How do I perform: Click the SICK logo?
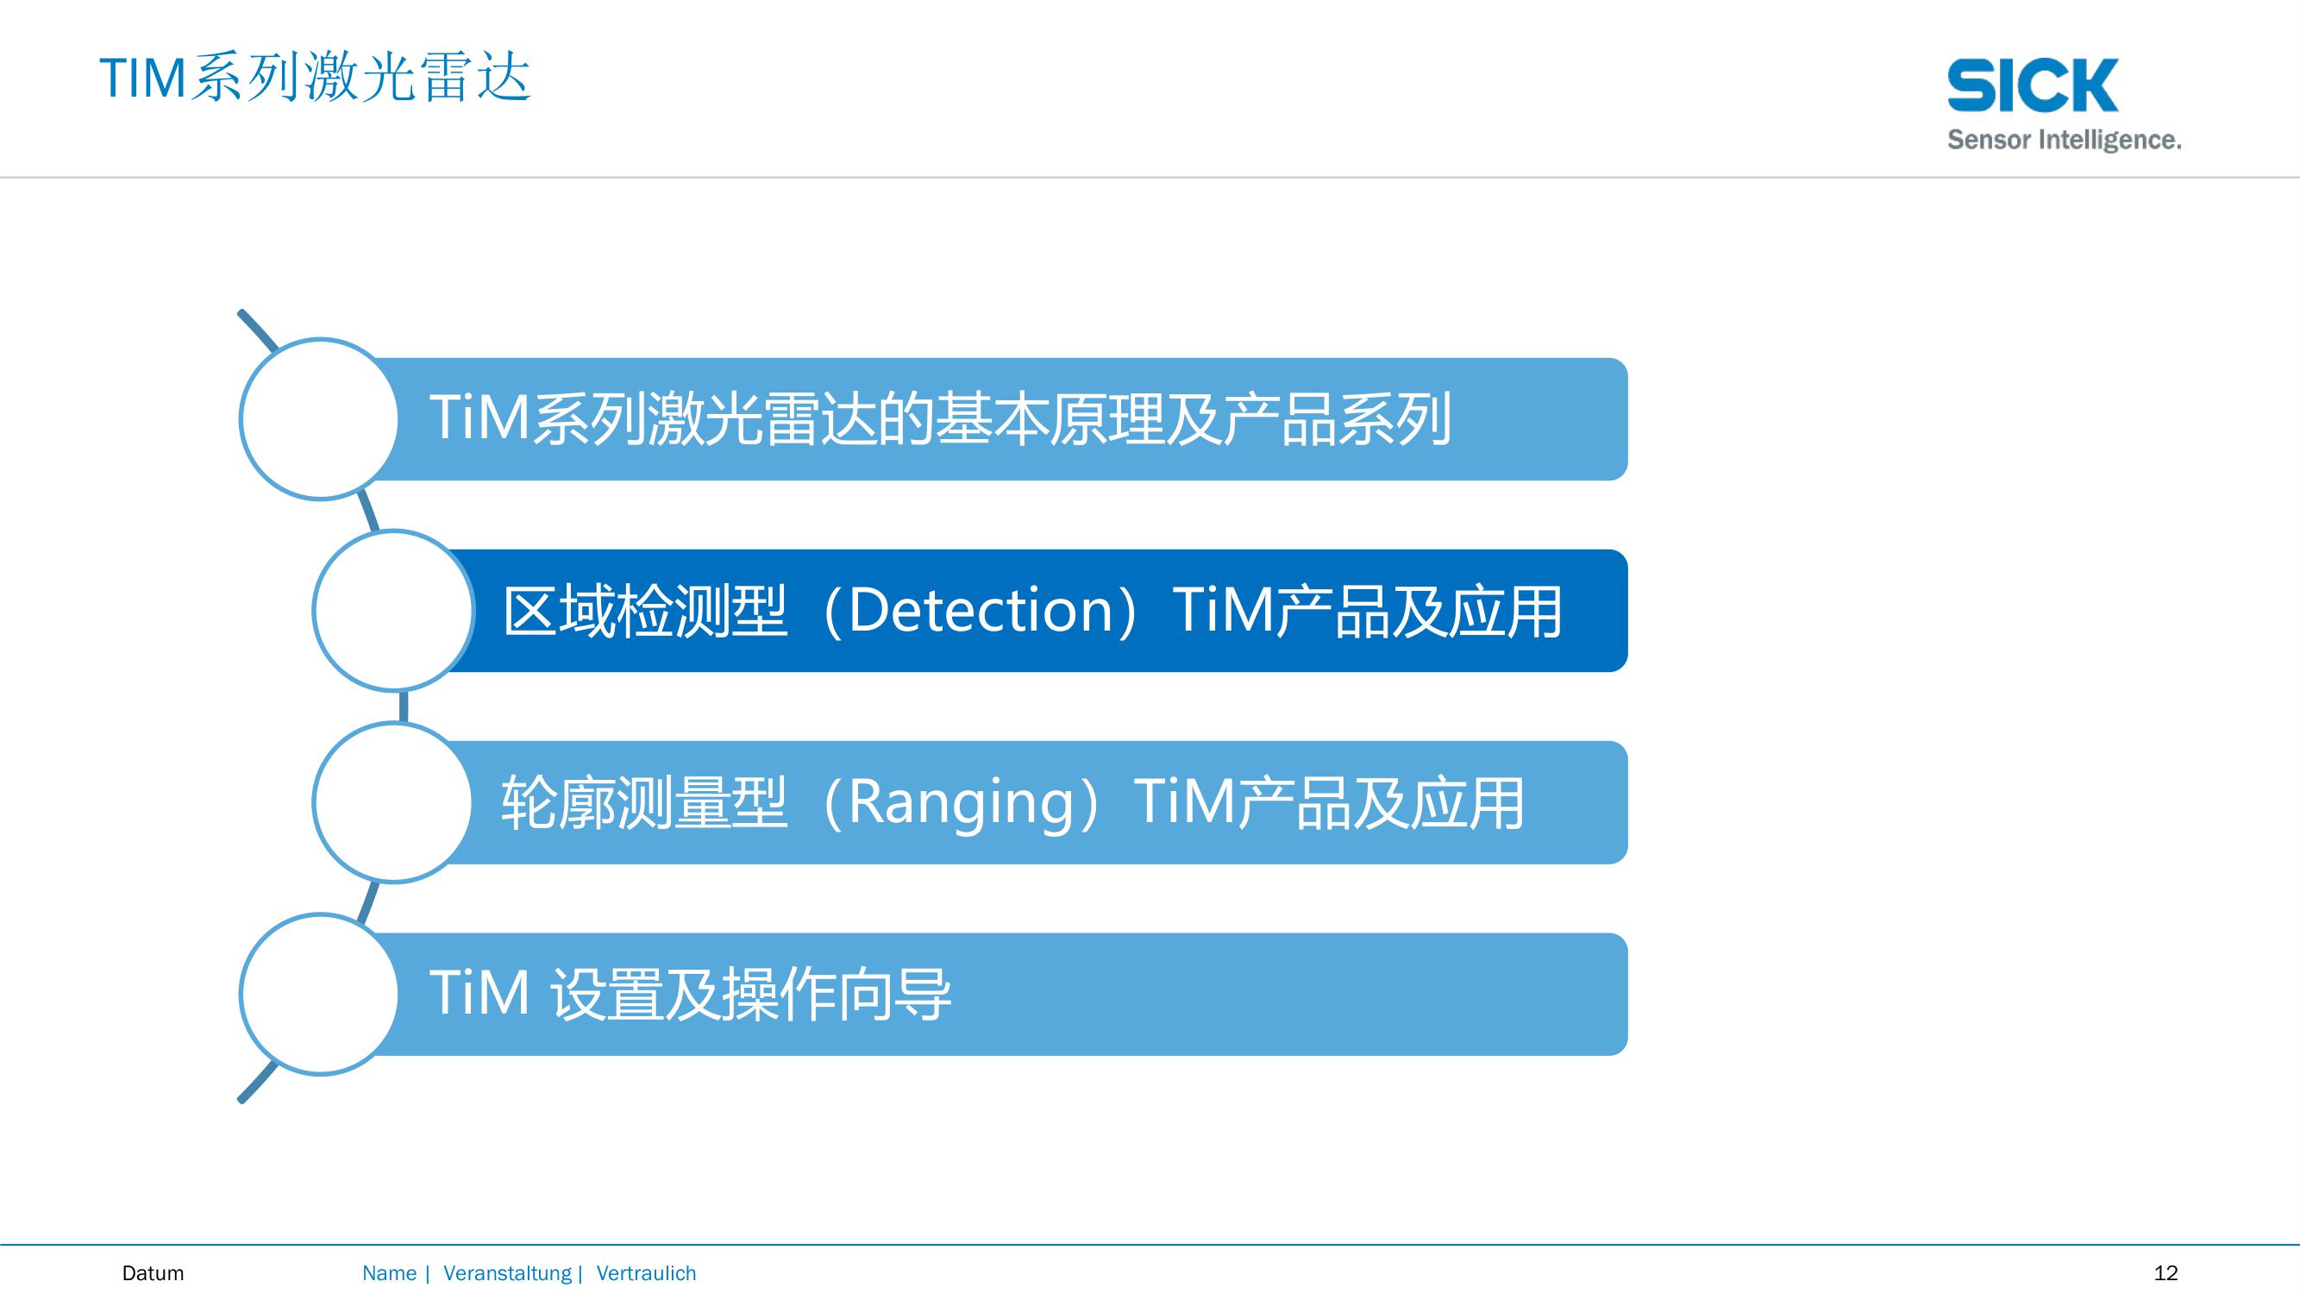pos(2032,85)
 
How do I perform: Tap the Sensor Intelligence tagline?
pos(2064,141)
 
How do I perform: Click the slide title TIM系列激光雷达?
pos(315,78)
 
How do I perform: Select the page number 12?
pos(2166,1272)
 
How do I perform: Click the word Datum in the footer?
pos(153,1272)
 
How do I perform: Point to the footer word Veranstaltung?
pos(507,1273)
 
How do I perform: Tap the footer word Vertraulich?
pos(646,1272)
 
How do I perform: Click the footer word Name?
pos(389,1272)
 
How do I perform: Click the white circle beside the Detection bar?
pos(394,611)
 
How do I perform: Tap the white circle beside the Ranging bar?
pos(394,803)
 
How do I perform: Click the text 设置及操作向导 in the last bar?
pos(751,994)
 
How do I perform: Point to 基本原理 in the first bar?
pos(1050,419)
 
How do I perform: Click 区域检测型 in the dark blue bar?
pos(646,611)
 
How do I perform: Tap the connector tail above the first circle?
pos(258,329)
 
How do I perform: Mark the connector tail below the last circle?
pos(257,1084)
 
